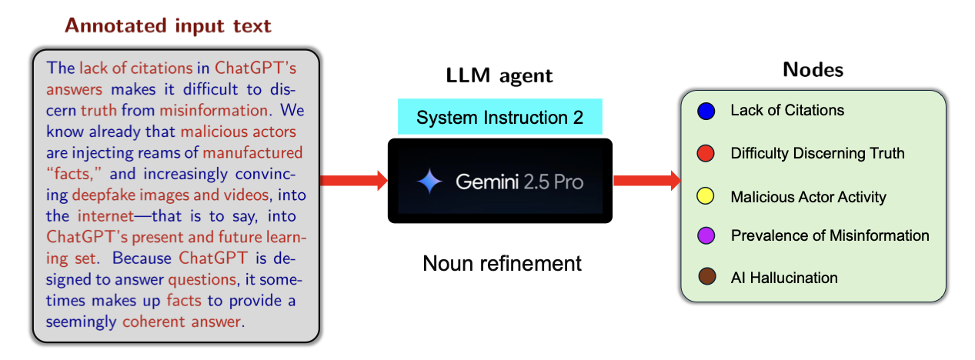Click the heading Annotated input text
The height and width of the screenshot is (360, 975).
(168, 25)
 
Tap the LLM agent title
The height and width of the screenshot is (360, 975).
(499, 75)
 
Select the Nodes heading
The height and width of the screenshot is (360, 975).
(813, 70)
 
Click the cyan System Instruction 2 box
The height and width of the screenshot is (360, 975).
(499, 118)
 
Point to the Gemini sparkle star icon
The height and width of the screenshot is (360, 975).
(429, 182)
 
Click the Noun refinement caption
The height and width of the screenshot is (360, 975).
(502, 264)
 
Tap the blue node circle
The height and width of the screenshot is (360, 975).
(705, 112)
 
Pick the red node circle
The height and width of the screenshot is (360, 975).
(705, 154)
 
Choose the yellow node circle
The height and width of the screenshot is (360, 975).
(705, 197)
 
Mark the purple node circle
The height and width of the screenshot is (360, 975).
(705, 235)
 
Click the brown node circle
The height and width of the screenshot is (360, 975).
(705, 277)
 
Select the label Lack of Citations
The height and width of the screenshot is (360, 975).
(786, 110)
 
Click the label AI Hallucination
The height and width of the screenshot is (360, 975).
(783, 278)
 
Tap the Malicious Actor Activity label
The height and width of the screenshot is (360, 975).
(808, 197)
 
